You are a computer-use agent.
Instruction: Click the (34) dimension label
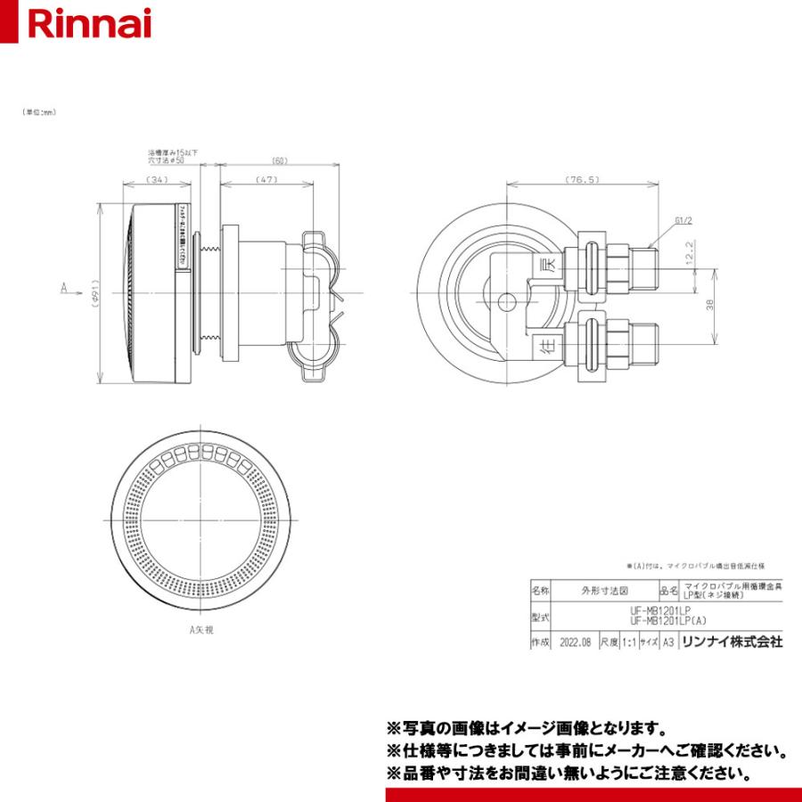158,180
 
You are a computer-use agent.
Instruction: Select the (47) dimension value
266,180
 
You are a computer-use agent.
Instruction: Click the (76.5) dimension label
582,180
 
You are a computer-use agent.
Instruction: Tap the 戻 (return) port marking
550,265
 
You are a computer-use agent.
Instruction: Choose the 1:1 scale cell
629,641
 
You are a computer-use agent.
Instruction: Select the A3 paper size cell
667,641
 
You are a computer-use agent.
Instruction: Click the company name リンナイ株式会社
731,641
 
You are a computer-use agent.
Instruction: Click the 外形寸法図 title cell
604,589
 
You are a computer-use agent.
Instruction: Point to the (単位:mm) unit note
40,113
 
